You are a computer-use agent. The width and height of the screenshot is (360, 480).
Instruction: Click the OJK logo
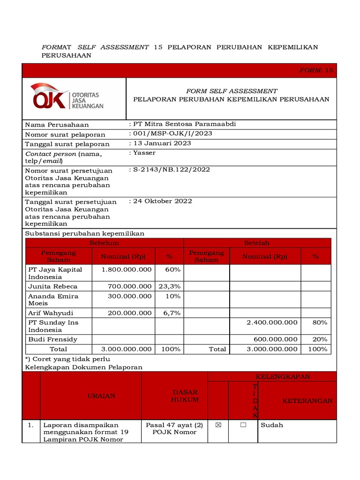click(67, 96)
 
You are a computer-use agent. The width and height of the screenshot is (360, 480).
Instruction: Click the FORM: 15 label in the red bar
click(316, 70)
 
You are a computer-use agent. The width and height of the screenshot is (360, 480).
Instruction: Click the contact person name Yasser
click(144, 153)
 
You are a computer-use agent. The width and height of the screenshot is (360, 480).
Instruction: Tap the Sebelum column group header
click(104, 243)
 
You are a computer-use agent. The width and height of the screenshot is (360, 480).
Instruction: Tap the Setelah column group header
click(257, 243)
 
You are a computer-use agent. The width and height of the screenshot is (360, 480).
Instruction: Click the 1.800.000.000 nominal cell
click(127, 270)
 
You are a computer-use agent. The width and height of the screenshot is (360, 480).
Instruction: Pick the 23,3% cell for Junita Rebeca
click(169, 286)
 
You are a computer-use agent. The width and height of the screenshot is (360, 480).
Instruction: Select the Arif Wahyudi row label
click(51, 313)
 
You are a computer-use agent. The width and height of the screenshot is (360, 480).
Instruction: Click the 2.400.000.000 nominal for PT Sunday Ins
click(272, 322)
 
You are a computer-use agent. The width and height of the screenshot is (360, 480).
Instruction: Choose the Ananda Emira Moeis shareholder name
click(53, 300)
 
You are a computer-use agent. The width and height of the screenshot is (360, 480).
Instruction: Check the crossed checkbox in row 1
click(217, 425)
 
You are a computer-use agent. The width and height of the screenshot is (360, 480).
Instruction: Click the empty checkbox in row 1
click(243, 425)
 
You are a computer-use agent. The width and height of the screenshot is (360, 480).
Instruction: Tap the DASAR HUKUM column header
click(185, 396)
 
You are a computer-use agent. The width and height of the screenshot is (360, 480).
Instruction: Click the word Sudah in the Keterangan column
click(272, 425)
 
